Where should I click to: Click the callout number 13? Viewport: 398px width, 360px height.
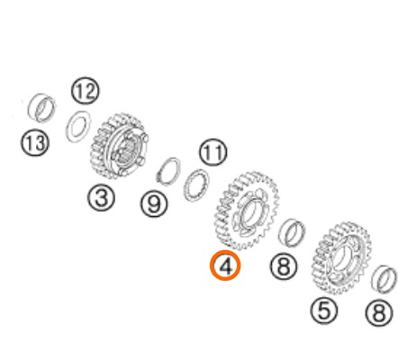35,142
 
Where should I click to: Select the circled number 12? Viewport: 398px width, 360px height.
86,91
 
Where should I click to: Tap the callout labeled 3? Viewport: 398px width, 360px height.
101,197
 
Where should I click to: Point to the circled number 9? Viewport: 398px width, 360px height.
154,204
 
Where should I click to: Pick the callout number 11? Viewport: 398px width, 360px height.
213,152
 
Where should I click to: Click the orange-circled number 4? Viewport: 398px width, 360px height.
225,265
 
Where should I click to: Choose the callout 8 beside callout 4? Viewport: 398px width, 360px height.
284,265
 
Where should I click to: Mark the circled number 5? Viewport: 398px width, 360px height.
324,310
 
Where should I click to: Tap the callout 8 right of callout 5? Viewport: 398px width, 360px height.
379,313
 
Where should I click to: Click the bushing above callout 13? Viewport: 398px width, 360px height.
41,108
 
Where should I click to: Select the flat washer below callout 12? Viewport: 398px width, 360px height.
78,126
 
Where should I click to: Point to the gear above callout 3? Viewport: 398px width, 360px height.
119,146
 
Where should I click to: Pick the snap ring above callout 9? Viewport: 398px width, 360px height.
169,171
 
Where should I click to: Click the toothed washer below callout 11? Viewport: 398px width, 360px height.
196,185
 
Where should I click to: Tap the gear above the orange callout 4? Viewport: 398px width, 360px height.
247,211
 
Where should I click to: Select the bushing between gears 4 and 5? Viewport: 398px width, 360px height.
291,232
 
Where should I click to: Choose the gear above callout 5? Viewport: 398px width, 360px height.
342,258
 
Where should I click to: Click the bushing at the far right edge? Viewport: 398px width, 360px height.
384,279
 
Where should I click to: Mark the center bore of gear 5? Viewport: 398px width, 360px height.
341,258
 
